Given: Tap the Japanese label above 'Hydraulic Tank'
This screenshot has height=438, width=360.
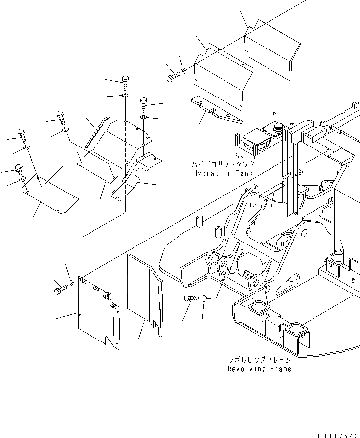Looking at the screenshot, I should tap(224, 164).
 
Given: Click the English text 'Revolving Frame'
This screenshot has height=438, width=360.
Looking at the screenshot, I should tap(259, 369).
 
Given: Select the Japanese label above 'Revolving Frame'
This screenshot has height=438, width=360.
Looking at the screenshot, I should tap(259, 360).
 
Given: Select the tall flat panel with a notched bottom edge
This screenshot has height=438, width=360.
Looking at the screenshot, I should tap(144, 292).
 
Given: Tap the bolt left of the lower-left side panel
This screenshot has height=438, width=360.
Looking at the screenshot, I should tap(60, 289).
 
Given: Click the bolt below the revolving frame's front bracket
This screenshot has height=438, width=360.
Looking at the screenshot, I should tap(191, 298).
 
